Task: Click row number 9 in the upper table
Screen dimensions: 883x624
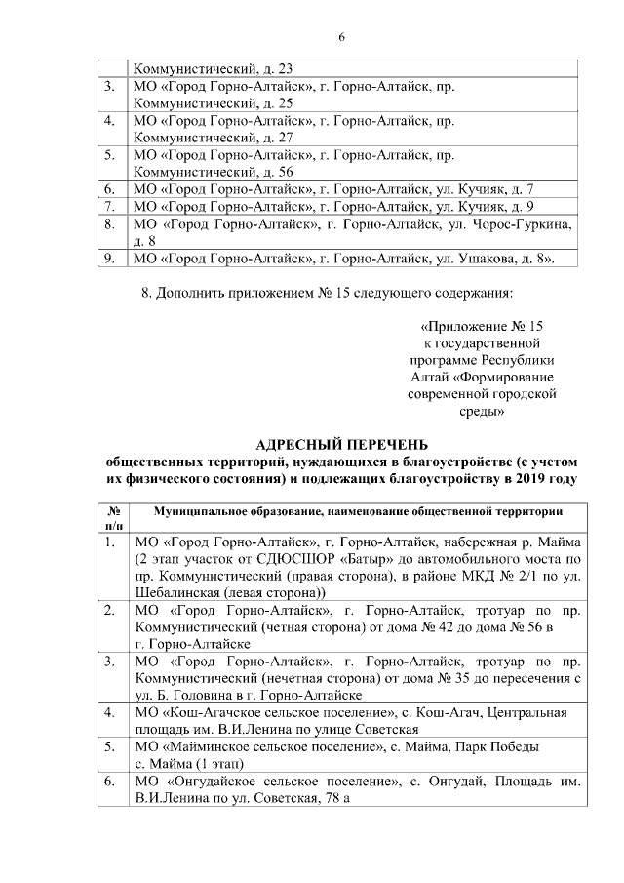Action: pyautogui.click(x=110, y=259)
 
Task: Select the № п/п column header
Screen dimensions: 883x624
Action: pyautogui.click(x=112, y=519)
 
